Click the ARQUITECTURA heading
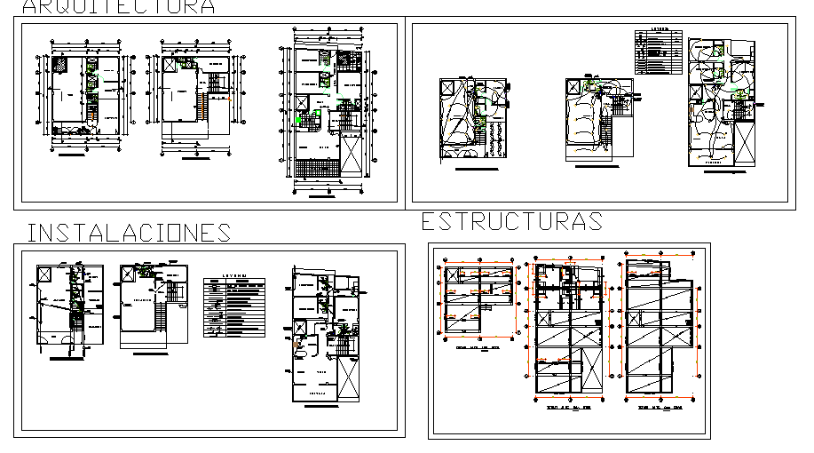[x=118, y=7]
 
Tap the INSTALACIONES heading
[x=130, y=233]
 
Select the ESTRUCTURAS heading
[x=512, y=221]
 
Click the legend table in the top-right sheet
[x=657, y=54]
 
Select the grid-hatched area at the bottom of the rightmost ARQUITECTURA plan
[x=315, y=170]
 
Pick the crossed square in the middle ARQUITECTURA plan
[x=170, y=65]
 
